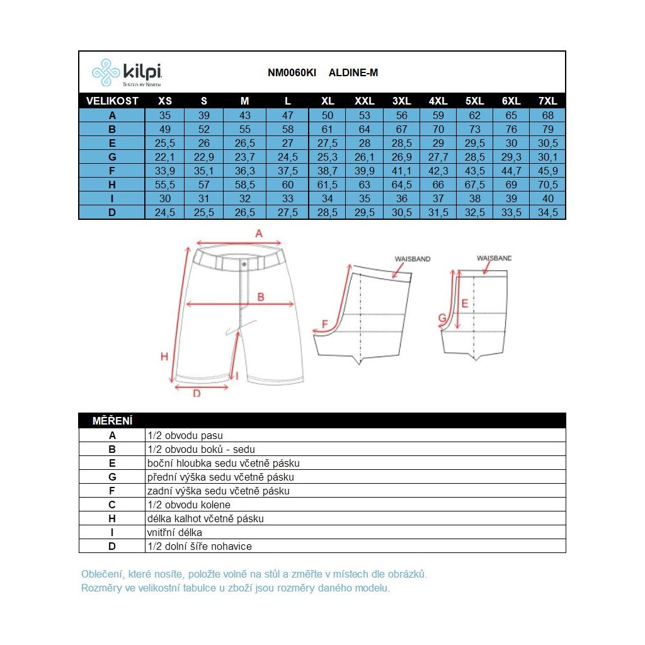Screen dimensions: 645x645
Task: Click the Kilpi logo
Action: coord(127,73)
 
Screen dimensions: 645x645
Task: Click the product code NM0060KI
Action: coord(292,73)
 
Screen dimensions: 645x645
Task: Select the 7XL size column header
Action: coord(547,101)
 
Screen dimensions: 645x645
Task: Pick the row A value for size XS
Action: coord(165,115)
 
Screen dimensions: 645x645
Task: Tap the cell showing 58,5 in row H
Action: coord(245,185)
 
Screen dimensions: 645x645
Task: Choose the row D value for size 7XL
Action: coord(547,212)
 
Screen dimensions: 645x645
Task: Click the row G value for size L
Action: coord(287,157)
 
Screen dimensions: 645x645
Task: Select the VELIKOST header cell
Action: coord(112,101)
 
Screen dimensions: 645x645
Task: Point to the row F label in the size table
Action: coord(112,171)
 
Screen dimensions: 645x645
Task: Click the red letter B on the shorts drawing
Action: coord(261,297)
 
